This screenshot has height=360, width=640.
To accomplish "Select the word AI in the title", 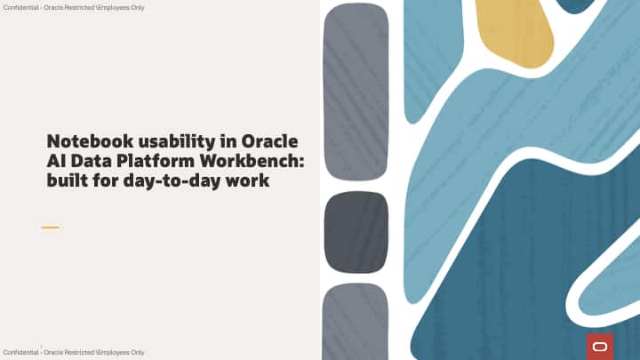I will pyautogui.click(x=56, y=162).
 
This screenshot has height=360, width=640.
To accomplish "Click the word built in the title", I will pyautogui.click(x=67, y=181).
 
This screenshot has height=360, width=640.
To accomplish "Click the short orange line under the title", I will pyautogui.click(x=50, y=228).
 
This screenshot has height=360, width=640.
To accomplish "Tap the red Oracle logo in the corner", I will pyautogui.click(x=600, y=346).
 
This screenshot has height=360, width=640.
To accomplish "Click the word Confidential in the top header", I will pyautogui.click(x=20, y=7).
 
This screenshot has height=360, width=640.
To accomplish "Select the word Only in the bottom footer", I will pyautogui.click(x=136, y=353).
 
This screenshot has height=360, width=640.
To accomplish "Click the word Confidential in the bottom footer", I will pyautogui.click(x=20, y=353).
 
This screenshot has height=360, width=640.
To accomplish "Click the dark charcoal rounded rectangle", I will pyautogui.click(x=356, y=232).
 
